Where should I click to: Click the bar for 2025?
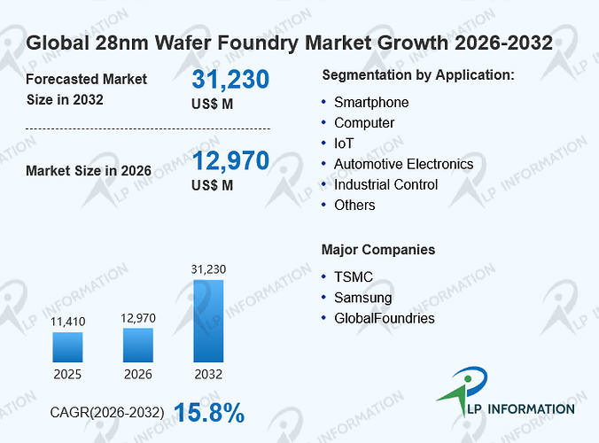coord(67,347)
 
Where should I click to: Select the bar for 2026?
coord(138,345)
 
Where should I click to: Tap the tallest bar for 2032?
coord(208,321)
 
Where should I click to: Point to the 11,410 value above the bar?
coord(68,322)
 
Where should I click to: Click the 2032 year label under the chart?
coord(208,374)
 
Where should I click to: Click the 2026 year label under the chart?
coord(138,374)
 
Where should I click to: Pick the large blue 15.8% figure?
coord(209,413)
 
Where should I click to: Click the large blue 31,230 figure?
coord(230,80)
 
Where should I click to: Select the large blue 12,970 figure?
coord(230,160)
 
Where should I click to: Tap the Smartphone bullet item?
coord(371,103)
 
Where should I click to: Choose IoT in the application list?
coord(344,144)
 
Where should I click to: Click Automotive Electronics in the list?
coord(404,164)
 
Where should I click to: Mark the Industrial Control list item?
coord(385,185)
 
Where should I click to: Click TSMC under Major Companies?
coord(354,276)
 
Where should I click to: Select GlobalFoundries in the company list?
coord(385,318)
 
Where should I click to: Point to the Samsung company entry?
coord(363,298)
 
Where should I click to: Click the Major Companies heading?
coord(378,250)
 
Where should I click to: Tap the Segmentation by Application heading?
coord(418,75)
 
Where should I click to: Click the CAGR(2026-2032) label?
coord(107,413)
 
